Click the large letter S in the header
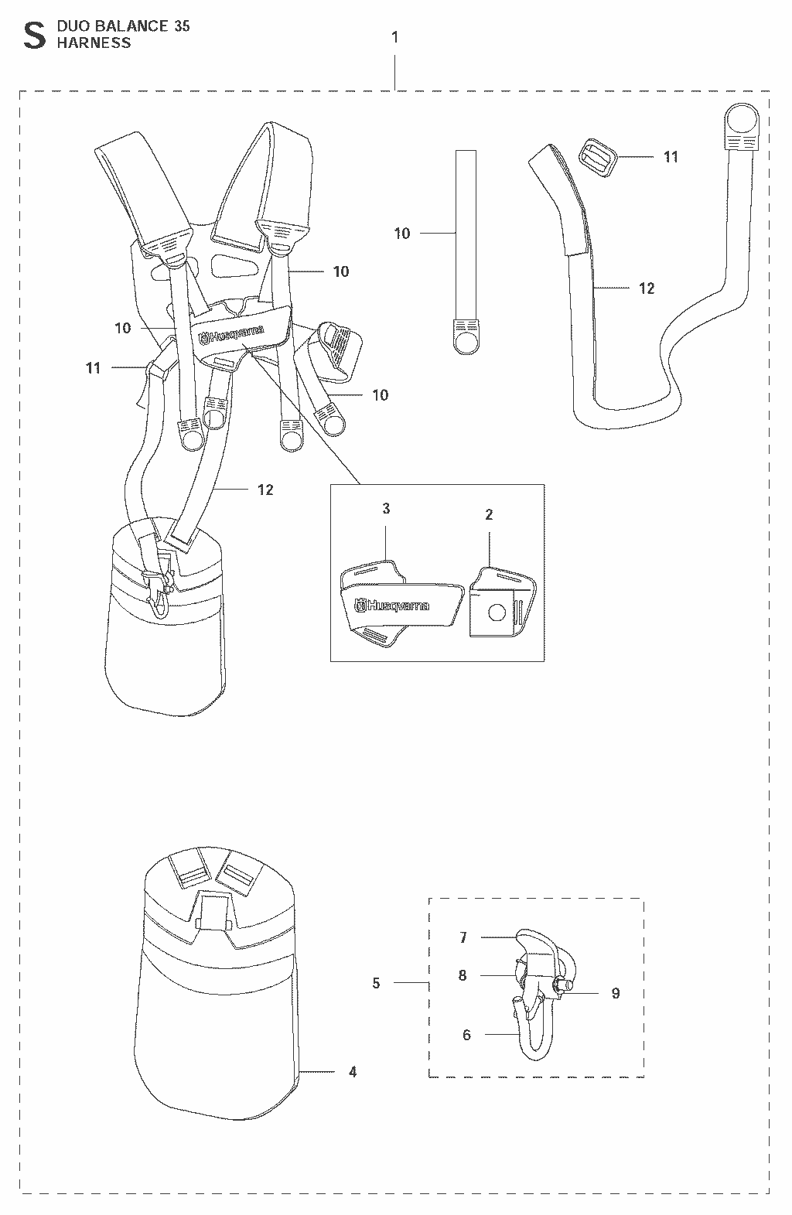click(x=34, y=36)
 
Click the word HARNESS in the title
click(x=94, y=43)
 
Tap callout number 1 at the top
click(x=395, y=37)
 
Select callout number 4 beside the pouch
click(x=353, y=1072)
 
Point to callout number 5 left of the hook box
click(x=376, y=983)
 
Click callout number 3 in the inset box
click(x=386, y=508)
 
